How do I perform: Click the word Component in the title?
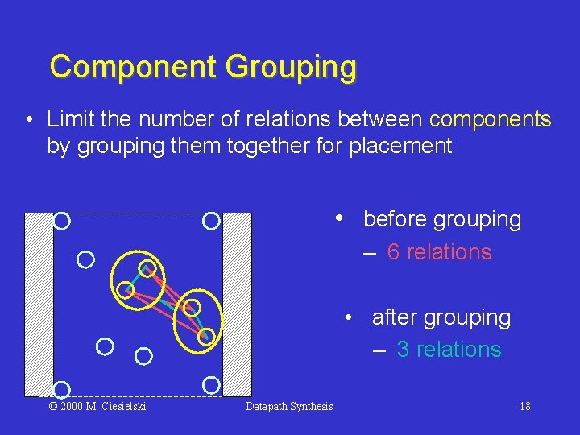133,67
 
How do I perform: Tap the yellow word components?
490,120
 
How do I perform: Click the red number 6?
394,252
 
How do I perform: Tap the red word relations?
449,252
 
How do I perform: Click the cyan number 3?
404,350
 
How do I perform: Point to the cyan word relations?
458,350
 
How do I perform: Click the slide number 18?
524,406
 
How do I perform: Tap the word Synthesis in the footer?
313,406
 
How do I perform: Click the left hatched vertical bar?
39,304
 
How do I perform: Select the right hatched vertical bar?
237,304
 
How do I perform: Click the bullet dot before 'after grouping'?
348,317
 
